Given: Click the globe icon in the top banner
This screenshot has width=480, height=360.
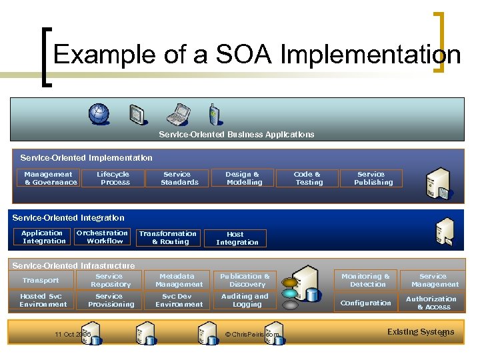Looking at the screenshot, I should pyautogui.click(x=100, y=114).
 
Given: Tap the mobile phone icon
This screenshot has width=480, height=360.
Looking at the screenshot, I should pyautogui.click(x=213, y=114).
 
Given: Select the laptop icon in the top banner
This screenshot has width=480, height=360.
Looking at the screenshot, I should pyautogui.click(x=178, y=115).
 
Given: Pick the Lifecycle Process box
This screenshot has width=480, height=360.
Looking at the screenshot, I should pyautogui.click(x=113, y=178).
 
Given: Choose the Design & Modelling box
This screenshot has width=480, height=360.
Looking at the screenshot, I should pyautogui.click(x=243, y=178).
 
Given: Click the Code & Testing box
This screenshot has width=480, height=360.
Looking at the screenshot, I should pyautogui.click(x=308, y=178).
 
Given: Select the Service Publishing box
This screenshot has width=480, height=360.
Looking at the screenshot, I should pyautogui.click(x=372, y=178).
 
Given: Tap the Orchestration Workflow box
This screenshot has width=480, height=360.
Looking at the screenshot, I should pyautogui.click(x=102, y=237).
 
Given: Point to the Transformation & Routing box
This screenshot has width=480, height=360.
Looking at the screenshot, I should pyautogui.click(x=168, y=237).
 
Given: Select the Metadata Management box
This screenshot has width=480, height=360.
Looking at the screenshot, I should pyautogui.click(x=179, y=280).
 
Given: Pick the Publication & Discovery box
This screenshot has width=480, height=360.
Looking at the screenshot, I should pyautogui.click(x=245, y=280).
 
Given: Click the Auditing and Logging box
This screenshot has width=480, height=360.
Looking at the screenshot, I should pyautogui.click(x=245, y=301).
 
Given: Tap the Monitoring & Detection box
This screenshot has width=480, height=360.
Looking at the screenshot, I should pyautogui.click(x=366, y=280).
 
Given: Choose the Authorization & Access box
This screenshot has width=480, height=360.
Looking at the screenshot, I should pyautogui.click(x=433, y=303).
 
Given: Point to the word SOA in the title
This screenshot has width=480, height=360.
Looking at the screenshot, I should pyautogui.click(x=243, y=55).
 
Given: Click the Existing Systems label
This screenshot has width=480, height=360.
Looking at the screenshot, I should pyautogui.click(x=420, y=332).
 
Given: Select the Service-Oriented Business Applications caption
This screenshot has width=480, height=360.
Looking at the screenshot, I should pyautogui.click(x=237, y=134).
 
